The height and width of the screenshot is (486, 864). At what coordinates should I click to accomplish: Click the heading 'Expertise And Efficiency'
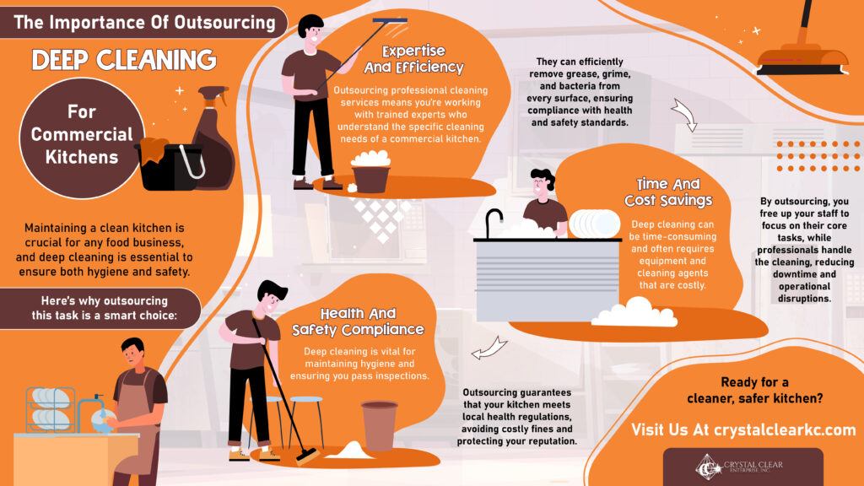[413, 60]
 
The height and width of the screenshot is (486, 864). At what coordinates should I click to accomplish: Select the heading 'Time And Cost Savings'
[668, 192]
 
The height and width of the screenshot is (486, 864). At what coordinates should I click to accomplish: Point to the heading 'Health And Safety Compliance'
[358, 321]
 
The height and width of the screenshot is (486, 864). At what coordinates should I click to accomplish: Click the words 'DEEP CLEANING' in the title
[124, 60]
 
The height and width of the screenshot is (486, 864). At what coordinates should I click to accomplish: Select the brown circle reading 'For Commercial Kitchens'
[82, 138]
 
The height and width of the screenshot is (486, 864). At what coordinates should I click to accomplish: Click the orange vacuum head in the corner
[802, 60]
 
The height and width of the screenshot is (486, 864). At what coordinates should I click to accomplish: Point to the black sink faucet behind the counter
[493, 222]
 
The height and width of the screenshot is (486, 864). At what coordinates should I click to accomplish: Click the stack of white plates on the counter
[594, 224]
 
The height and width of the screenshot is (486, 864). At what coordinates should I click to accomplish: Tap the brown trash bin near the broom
[379, 425]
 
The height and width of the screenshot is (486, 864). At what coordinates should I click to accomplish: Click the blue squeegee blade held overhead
[390, 21]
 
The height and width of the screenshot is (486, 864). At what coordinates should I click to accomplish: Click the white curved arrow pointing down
[685, 114]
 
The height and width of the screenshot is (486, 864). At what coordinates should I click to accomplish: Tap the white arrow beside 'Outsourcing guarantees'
[489, 348]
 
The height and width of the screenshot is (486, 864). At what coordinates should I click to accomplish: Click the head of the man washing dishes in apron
[133, 353]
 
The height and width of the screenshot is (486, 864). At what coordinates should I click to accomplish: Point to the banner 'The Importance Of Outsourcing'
[143, 23]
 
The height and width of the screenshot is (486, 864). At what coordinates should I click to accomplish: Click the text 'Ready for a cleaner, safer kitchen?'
[754, 390]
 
